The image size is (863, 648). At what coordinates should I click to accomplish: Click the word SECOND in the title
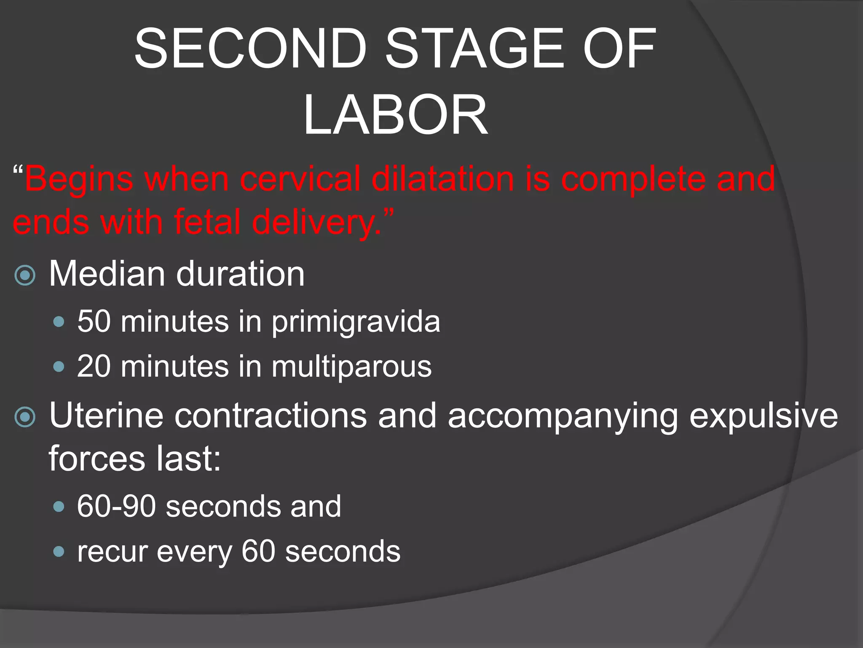[x=250, y=49]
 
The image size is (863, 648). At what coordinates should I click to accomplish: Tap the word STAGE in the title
[x=474, y=49]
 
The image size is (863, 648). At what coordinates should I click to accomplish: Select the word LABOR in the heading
[x=396, y=115]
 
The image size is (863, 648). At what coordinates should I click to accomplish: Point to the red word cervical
[x=300, y=178]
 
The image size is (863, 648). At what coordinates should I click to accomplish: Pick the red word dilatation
[x=442, y=178]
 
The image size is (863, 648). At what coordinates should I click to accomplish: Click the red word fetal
[x=207, y=222]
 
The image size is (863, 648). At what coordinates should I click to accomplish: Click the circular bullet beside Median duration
[x=25, y=275]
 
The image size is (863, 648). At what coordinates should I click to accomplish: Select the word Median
[x=107, y=274]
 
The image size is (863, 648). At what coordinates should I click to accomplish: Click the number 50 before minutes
[x=94, y=321]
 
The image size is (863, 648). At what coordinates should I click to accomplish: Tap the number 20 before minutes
[x=94, y=366]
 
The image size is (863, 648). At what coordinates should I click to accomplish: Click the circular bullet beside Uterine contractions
[x=25, y=417]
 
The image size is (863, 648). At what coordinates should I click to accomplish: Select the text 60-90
[x=116, y=506]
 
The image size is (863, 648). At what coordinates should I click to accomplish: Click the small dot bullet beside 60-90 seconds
[x=59, y=506]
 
